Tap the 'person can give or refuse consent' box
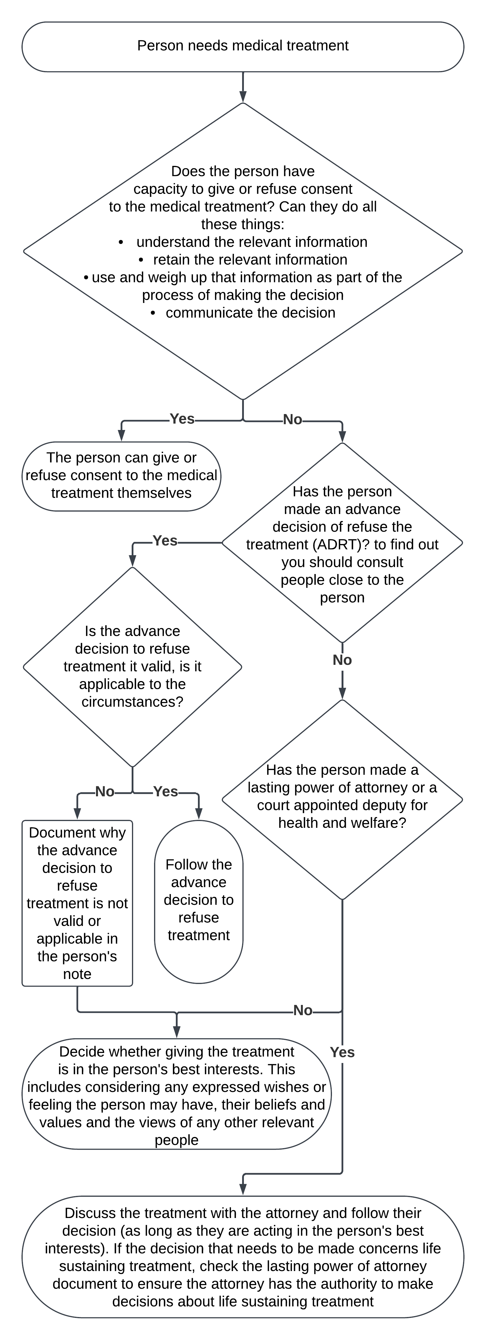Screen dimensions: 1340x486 click(121, 475)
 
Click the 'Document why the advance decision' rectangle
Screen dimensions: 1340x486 click(77, 903)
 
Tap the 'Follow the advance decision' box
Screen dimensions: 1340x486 click(199, 900)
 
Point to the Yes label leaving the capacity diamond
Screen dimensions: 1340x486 click(182, 419)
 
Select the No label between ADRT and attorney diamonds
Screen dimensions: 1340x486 click(342, 660)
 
